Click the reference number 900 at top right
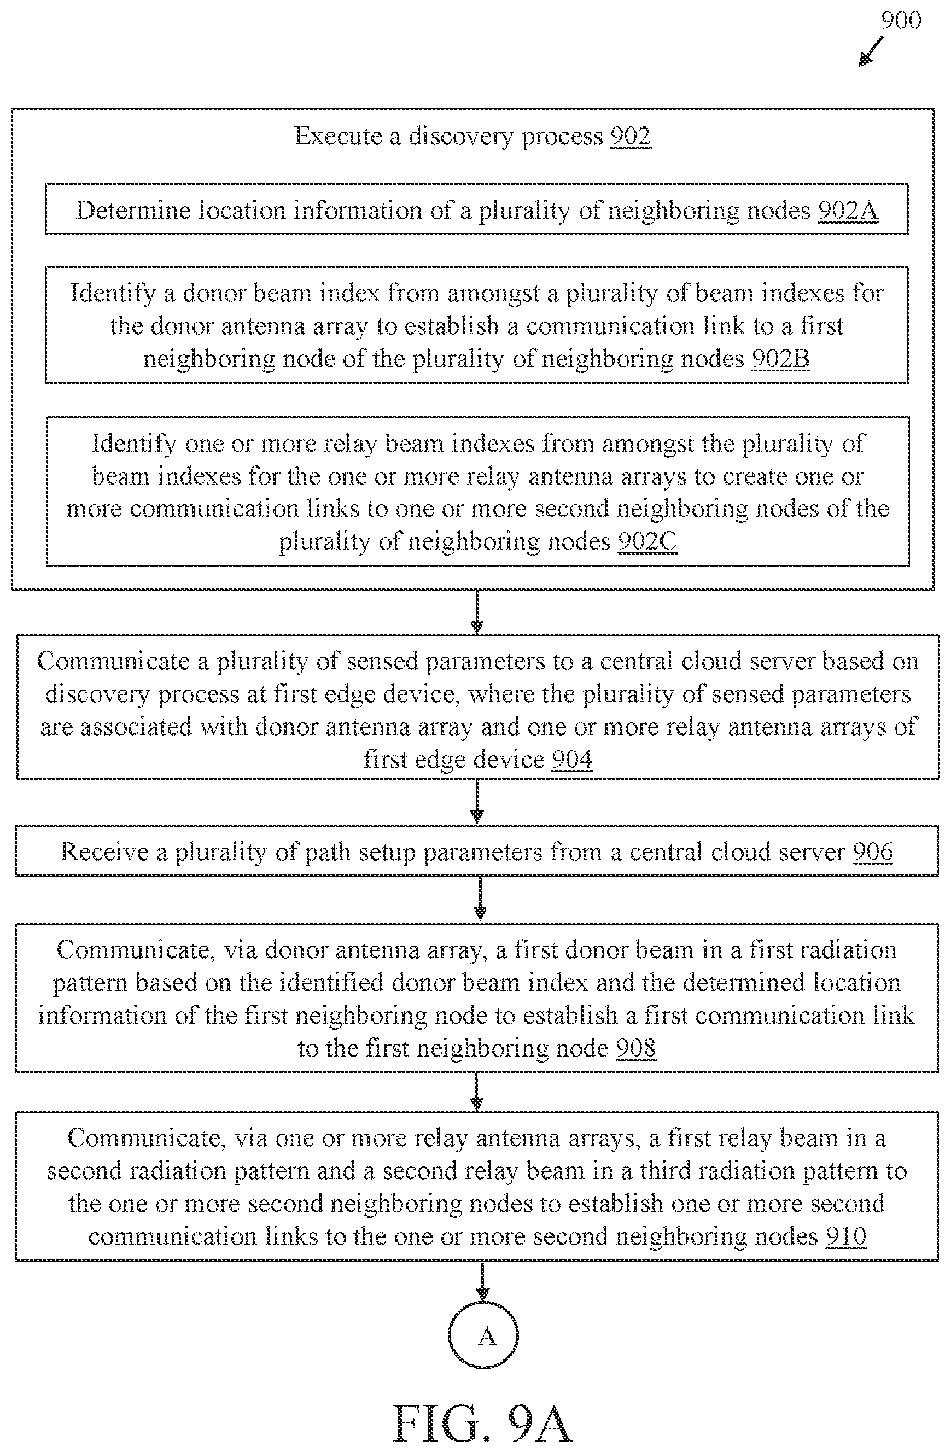pyautogui.click(x=901, y=21)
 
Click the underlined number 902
pyautogui.click(x=631, y=136)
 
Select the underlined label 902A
pyautogui.click(x=848, y=211)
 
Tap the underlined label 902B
pyautogui.click(x=781, y=359)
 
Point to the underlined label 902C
pyautogui.click(x=647, y=541)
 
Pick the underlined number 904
pyautogui.click(x=572, y=760)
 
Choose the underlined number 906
pyautogui.click(x=872, y=851)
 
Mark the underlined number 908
pyautogui.click(x=636, y=1048)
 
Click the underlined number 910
pyautogui.click(x=846, y=1236)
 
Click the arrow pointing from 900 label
pyautogui.click(x=871, y=51)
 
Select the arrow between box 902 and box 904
pyautogui.click(x=477, y=612)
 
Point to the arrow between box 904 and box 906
pyautogui.click(x=477, y=802)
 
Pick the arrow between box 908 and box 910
pyautogui.click(x=477, y=1091)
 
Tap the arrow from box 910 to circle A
pyautogui.click(x=483, y=1280)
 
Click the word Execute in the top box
pyautogui.click(x=338, y=136)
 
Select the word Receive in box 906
pyautogui.click(x=104, y=851)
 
